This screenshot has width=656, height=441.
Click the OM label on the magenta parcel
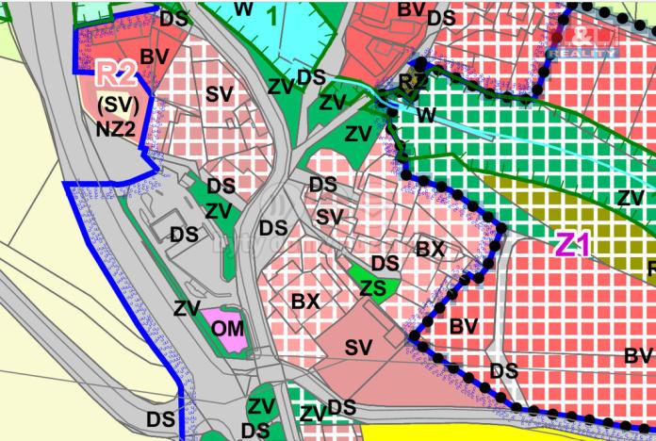coord(228,328)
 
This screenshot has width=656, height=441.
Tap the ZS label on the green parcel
coord(373,288)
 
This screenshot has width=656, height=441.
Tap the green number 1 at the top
coord(272,14)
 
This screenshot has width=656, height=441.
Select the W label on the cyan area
coord(243,8)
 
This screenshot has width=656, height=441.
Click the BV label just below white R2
coord(153,57)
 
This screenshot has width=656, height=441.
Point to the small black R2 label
coord(413,83)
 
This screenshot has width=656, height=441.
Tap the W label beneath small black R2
coord(426,113)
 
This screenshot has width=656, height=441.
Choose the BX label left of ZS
coord(304,302)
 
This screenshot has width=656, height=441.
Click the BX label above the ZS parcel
coord(430,250)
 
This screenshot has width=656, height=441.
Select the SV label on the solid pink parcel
coord(358,347)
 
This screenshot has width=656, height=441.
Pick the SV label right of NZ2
coord(219,94)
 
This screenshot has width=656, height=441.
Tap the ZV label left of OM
coord(187,307)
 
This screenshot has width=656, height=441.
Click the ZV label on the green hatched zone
coord(631,197)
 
